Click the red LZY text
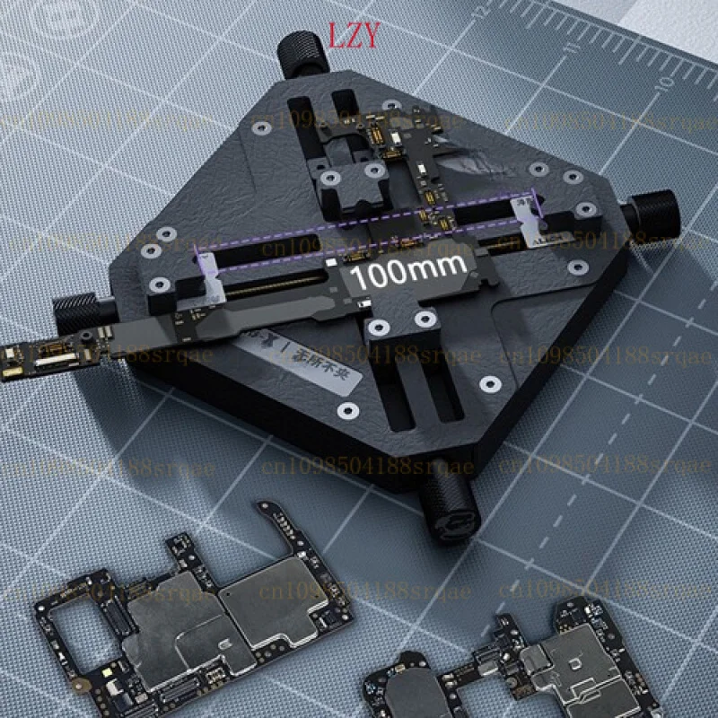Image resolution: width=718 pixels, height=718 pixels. pos(355,35)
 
